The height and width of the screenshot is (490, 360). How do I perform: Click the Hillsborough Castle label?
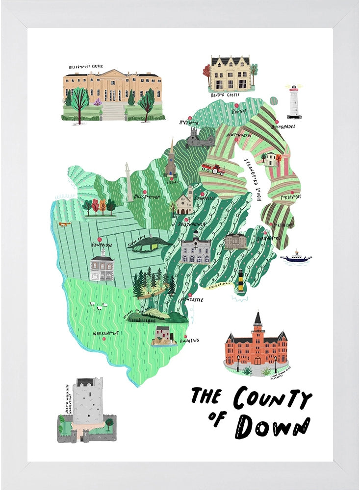click(86, 66)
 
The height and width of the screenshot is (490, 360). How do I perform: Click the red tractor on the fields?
click(213, 169)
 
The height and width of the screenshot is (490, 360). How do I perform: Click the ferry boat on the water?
click(296, 257)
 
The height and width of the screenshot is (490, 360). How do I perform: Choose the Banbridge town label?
click(102, 244)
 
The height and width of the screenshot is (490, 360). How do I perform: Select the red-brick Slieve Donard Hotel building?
click(256, 343)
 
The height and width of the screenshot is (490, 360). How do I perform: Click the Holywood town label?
click(189, 122)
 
